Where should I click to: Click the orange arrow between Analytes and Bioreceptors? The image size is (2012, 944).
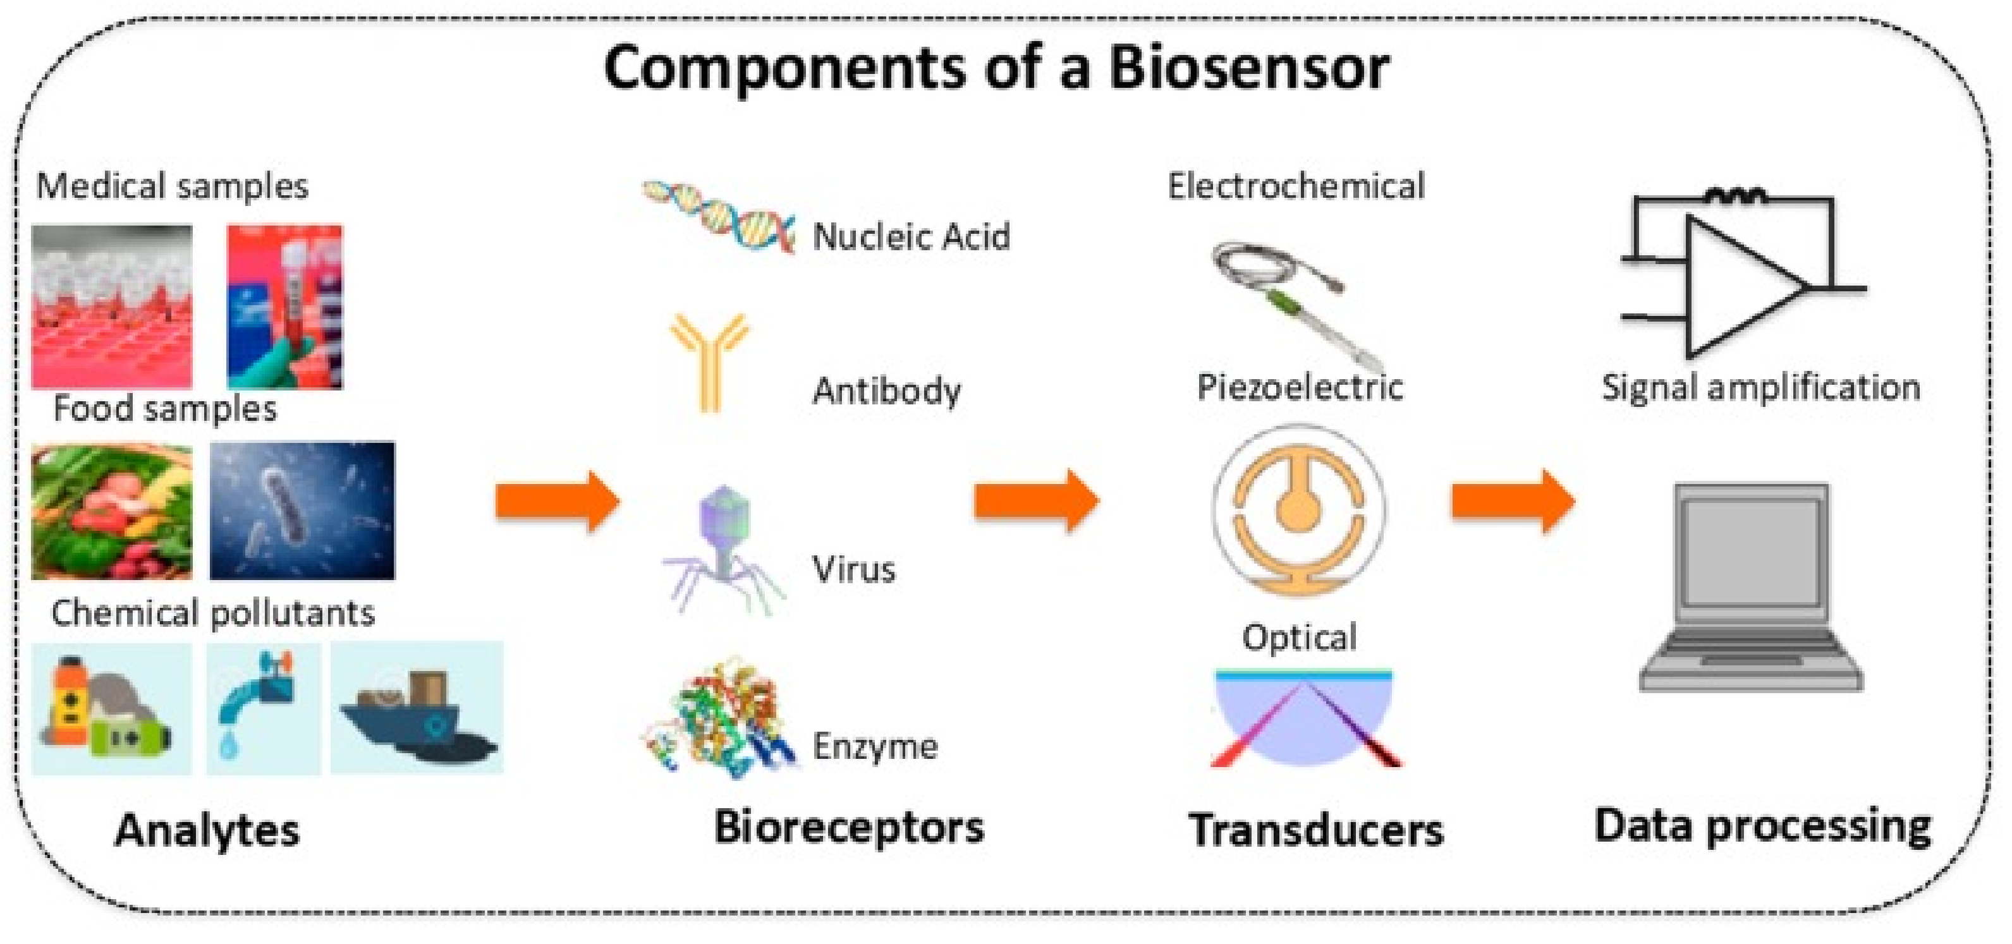(x=558, y=501)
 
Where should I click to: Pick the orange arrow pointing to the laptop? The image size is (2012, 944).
(x=1513, y=501)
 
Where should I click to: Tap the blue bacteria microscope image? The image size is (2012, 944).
(x=302, y=510)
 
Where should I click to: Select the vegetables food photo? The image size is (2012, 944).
(x=112, y=511)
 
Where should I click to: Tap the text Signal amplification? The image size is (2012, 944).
(x=1760, y=387)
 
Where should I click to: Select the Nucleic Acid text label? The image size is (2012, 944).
(x=911, y=236)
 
